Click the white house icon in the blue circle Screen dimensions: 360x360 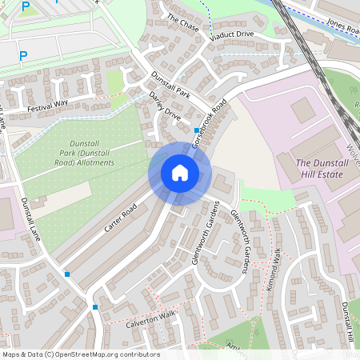pos(179,173)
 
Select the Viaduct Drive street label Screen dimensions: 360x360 pos(231,35)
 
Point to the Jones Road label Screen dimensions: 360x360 pos(342,26)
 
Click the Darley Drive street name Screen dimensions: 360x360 pos(165,106)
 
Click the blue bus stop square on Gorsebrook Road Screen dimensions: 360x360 pos(197,130)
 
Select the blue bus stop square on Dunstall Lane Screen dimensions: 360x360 pos(66,274)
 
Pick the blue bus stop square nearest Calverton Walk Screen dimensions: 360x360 pos(95,307)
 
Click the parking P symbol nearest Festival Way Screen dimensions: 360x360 pos(22,56)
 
